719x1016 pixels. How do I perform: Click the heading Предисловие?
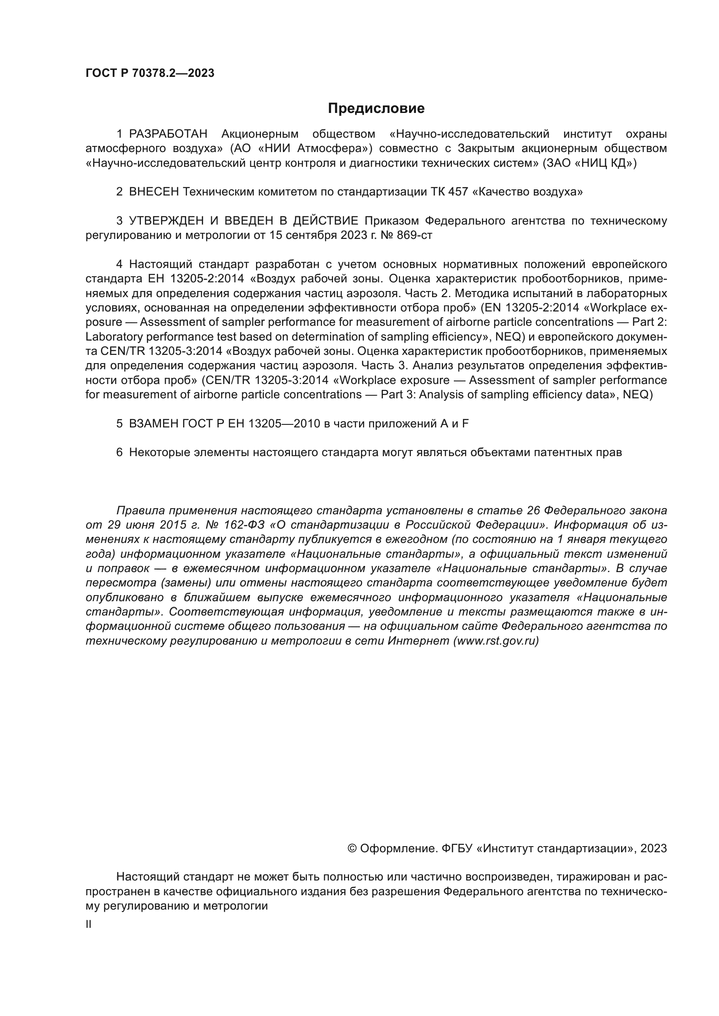click(376, 109)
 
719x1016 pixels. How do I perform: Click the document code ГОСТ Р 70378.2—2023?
click(150, 73)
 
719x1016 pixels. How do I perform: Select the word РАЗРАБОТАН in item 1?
click(168, 134)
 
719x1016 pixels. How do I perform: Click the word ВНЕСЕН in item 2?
click(153, 192)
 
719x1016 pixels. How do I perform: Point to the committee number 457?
click(458, 192)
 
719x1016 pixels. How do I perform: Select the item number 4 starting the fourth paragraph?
click(119, 265)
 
